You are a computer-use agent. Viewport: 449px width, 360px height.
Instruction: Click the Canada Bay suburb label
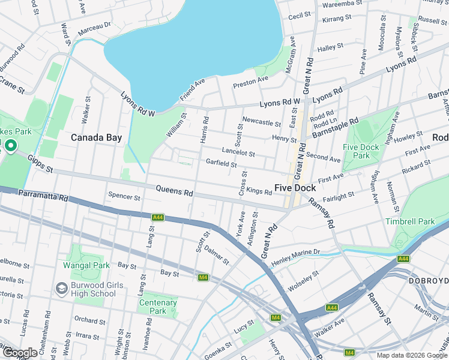[x=96, y=137]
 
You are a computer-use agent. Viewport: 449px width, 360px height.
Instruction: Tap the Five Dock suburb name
[x=295, y=188]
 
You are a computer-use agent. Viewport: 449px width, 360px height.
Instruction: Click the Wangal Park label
[x=86, y=265]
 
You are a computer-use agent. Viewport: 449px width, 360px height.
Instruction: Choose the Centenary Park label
[x=157, y=307]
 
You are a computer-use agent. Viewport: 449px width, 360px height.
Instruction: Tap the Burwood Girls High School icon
[x=61, y=289]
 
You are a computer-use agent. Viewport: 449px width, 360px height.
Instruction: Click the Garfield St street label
[x=221, y=163]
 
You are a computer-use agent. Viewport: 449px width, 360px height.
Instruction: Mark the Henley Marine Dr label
[x=296, y=257]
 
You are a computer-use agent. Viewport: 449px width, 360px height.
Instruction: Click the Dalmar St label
[x=216, y=255]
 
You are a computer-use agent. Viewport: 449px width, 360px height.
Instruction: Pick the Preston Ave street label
[x=250, y=80]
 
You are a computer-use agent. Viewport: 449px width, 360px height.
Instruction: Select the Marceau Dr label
[x=95, y=26]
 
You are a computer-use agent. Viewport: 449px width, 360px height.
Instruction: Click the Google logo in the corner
[x=20, y=353]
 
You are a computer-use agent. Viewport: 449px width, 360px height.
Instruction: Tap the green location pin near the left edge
[x=10, y=145]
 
